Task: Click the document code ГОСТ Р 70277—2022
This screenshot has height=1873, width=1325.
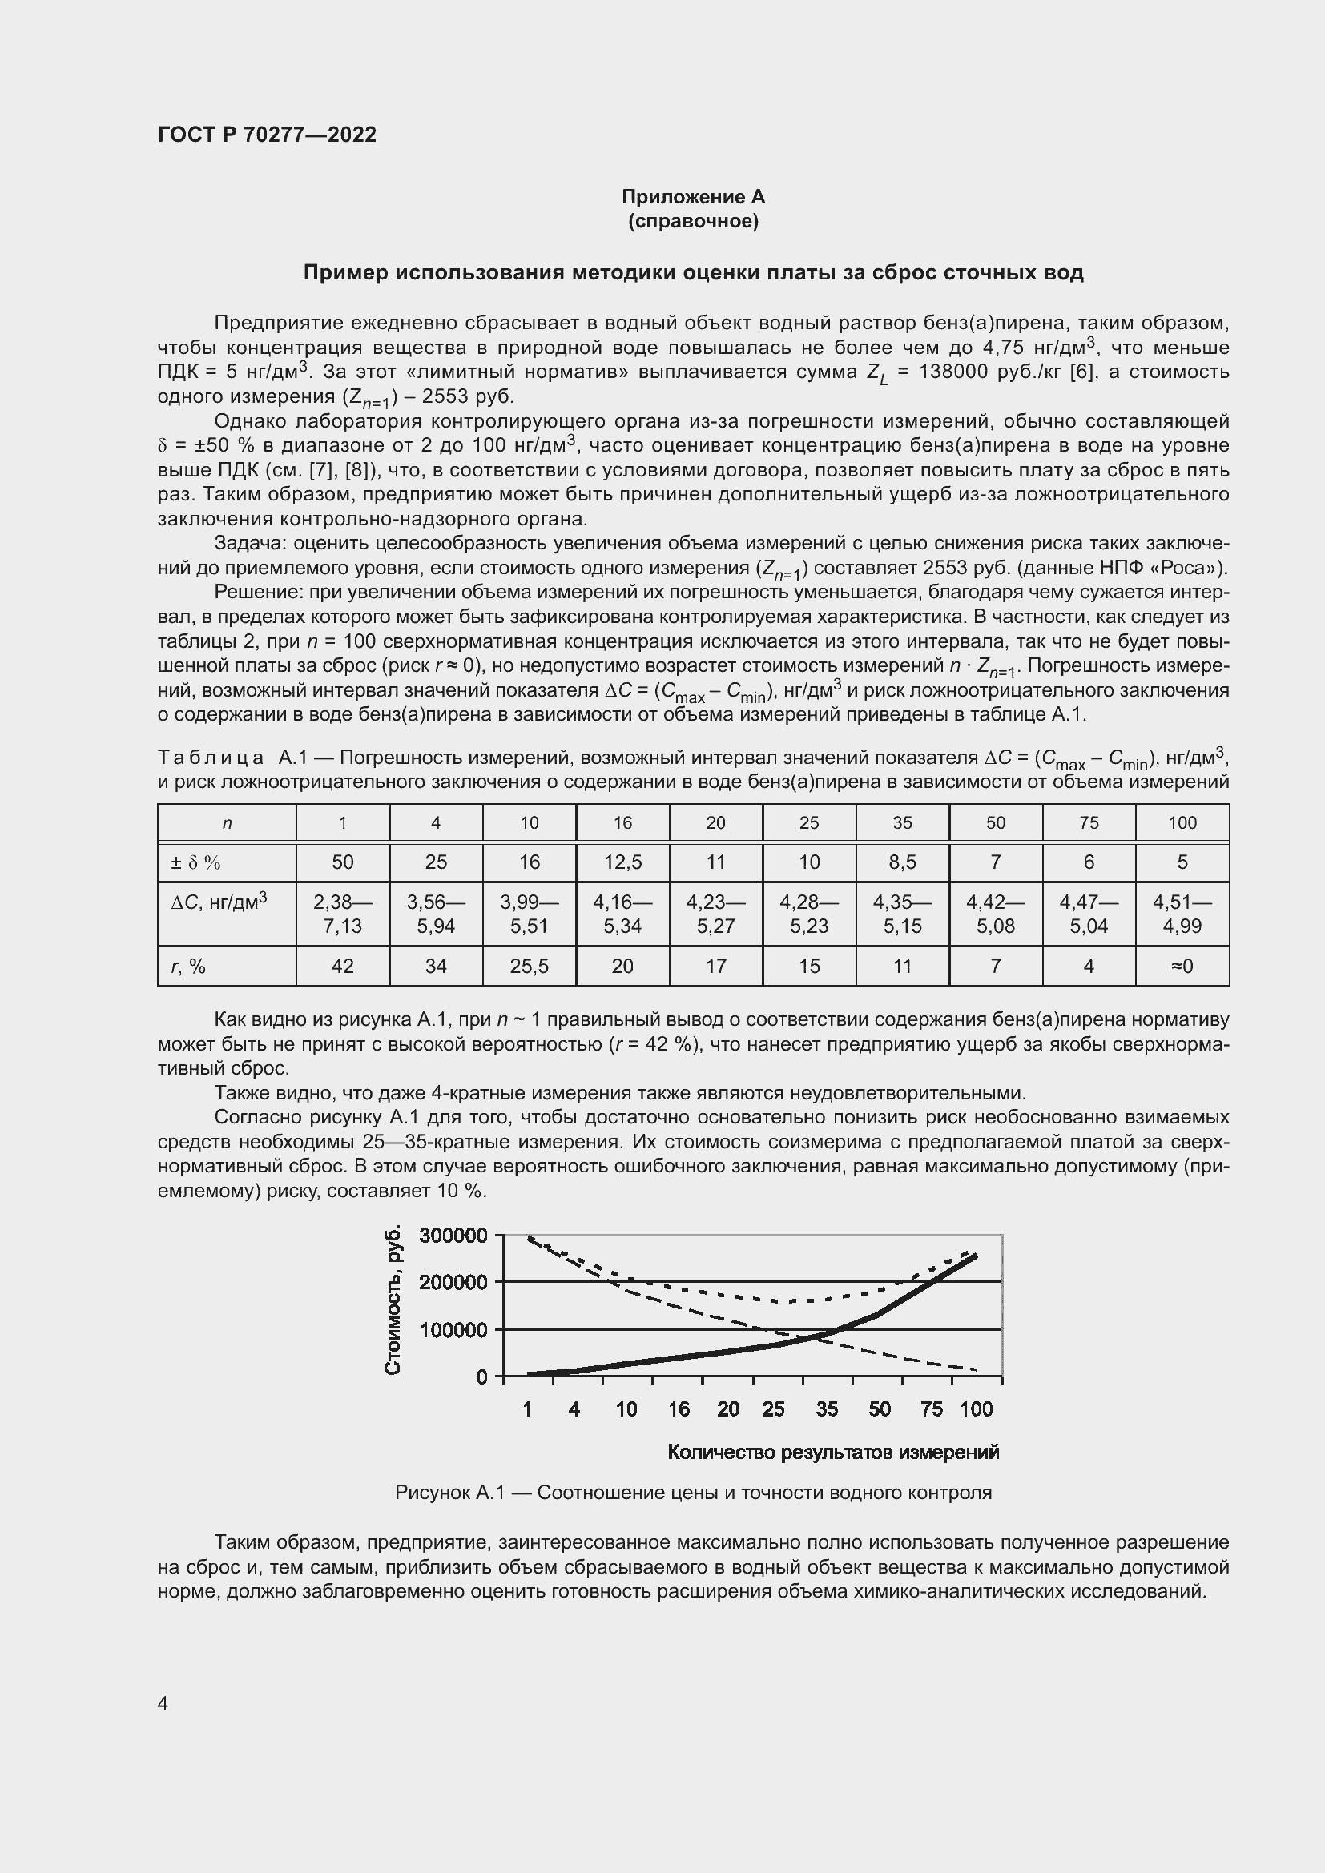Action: [267, 135]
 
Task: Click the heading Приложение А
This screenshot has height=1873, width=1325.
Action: [693, 197]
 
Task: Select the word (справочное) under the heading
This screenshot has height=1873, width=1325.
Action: [693, 222]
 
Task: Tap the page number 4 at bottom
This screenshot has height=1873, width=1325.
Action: [163, 1703]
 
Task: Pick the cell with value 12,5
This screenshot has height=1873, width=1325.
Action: [622, 862]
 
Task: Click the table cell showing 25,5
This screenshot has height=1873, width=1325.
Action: [529, 966]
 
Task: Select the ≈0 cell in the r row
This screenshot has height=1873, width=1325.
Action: [1182, 966]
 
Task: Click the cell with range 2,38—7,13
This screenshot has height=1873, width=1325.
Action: [343, 914]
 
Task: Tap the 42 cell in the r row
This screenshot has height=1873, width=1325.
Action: [343, 966]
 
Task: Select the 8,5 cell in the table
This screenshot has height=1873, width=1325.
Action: [901, 862]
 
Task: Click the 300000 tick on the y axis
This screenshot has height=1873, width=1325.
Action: [453, 1235]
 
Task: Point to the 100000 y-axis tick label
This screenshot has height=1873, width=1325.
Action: [453, 1330]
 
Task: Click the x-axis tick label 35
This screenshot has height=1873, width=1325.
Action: [827, 1409]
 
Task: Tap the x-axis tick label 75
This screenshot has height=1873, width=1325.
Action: [931, 1409]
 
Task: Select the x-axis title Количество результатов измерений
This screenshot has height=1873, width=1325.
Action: [833, 1452]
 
